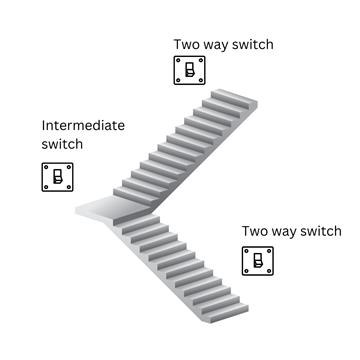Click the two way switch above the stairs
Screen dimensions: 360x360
(x=189, y=71)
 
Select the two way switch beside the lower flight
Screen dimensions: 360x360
(x=258, y=261)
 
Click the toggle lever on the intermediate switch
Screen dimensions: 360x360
(x=58, y=178)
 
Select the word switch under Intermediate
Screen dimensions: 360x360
(x=62, y=145)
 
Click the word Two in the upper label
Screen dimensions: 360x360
(x=187, y=44)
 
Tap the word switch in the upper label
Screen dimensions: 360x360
(x=251, y=44)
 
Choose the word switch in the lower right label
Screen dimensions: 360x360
(x=319, y=231)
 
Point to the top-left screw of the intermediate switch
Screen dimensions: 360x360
(x=47, y=165)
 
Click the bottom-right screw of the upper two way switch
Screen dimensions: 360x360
(x=201, y=83)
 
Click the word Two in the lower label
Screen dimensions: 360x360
(x=254, y=231)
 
